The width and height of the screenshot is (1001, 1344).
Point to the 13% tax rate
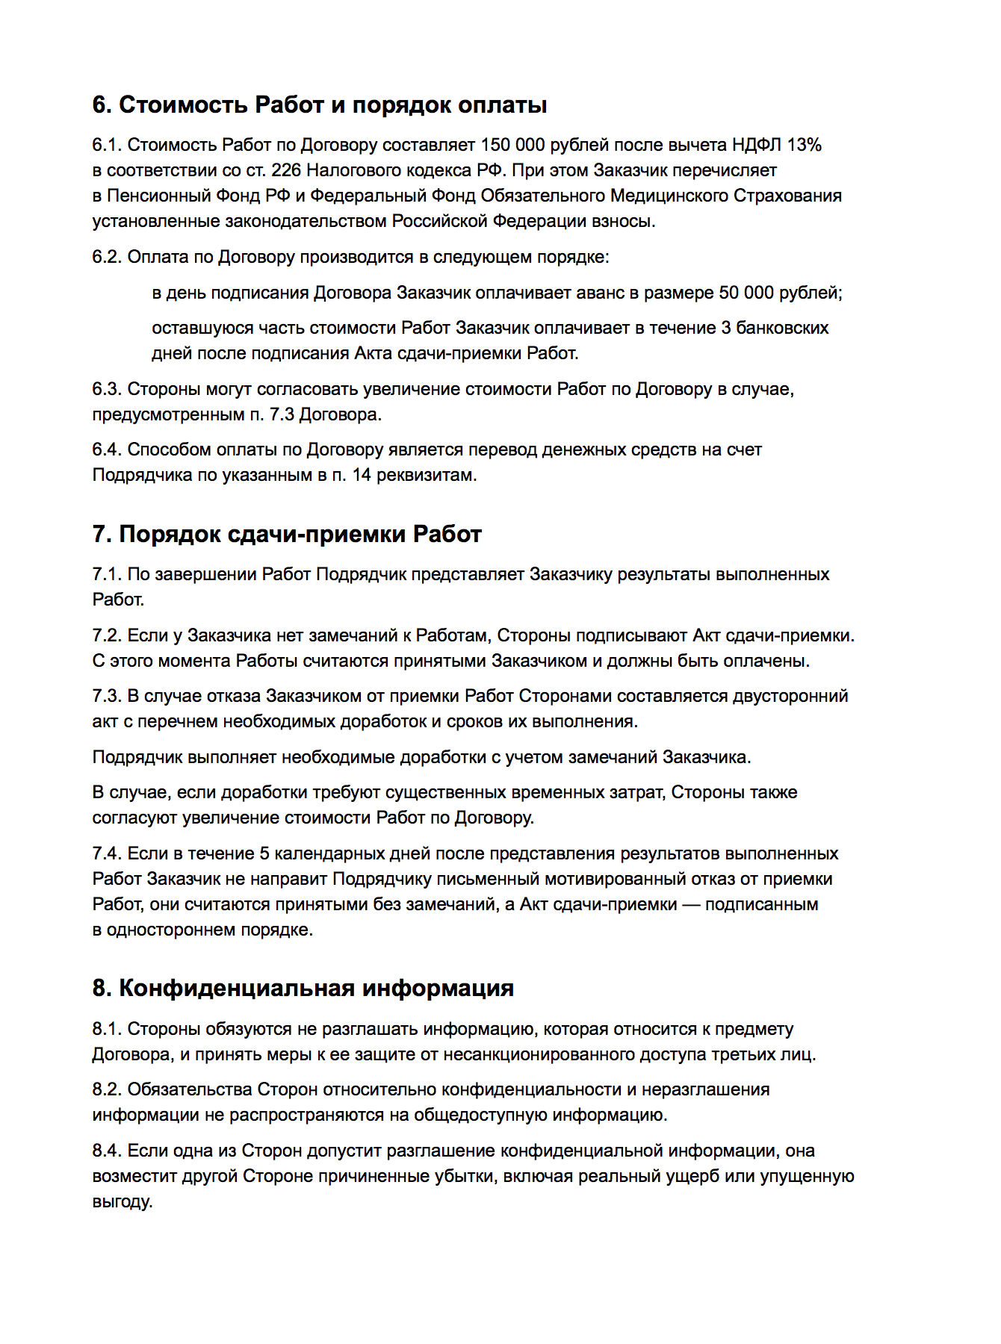(x=804, y=145)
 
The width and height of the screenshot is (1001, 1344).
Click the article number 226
(x=286, y=170)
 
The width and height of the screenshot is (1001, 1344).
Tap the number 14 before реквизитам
(x=362, y=475)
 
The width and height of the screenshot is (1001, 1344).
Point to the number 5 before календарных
(x=264, y=853)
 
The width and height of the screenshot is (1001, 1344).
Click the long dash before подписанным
(x=691, y=904)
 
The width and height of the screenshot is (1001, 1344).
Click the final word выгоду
(x=123, y=1201)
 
